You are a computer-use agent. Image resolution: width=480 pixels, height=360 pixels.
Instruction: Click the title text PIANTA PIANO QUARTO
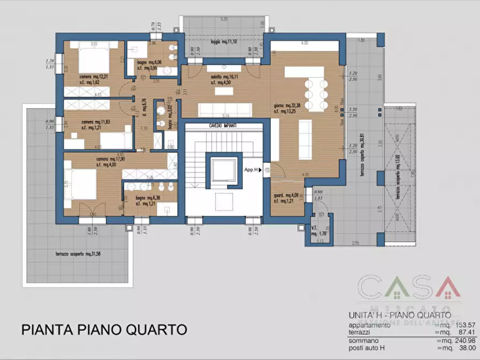coord(104,329)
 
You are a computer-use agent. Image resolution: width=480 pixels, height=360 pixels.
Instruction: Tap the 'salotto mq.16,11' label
coord(223,77)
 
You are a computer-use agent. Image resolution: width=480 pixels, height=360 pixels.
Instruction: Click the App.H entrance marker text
coord(251,170)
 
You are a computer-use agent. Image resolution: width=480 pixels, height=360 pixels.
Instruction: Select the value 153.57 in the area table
coord(452,326)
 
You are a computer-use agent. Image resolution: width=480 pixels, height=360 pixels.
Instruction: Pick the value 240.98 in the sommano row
coord(452,340)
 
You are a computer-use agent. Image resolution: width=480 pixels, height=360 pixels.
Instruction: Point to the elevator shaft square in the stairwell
coord(224,171)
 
